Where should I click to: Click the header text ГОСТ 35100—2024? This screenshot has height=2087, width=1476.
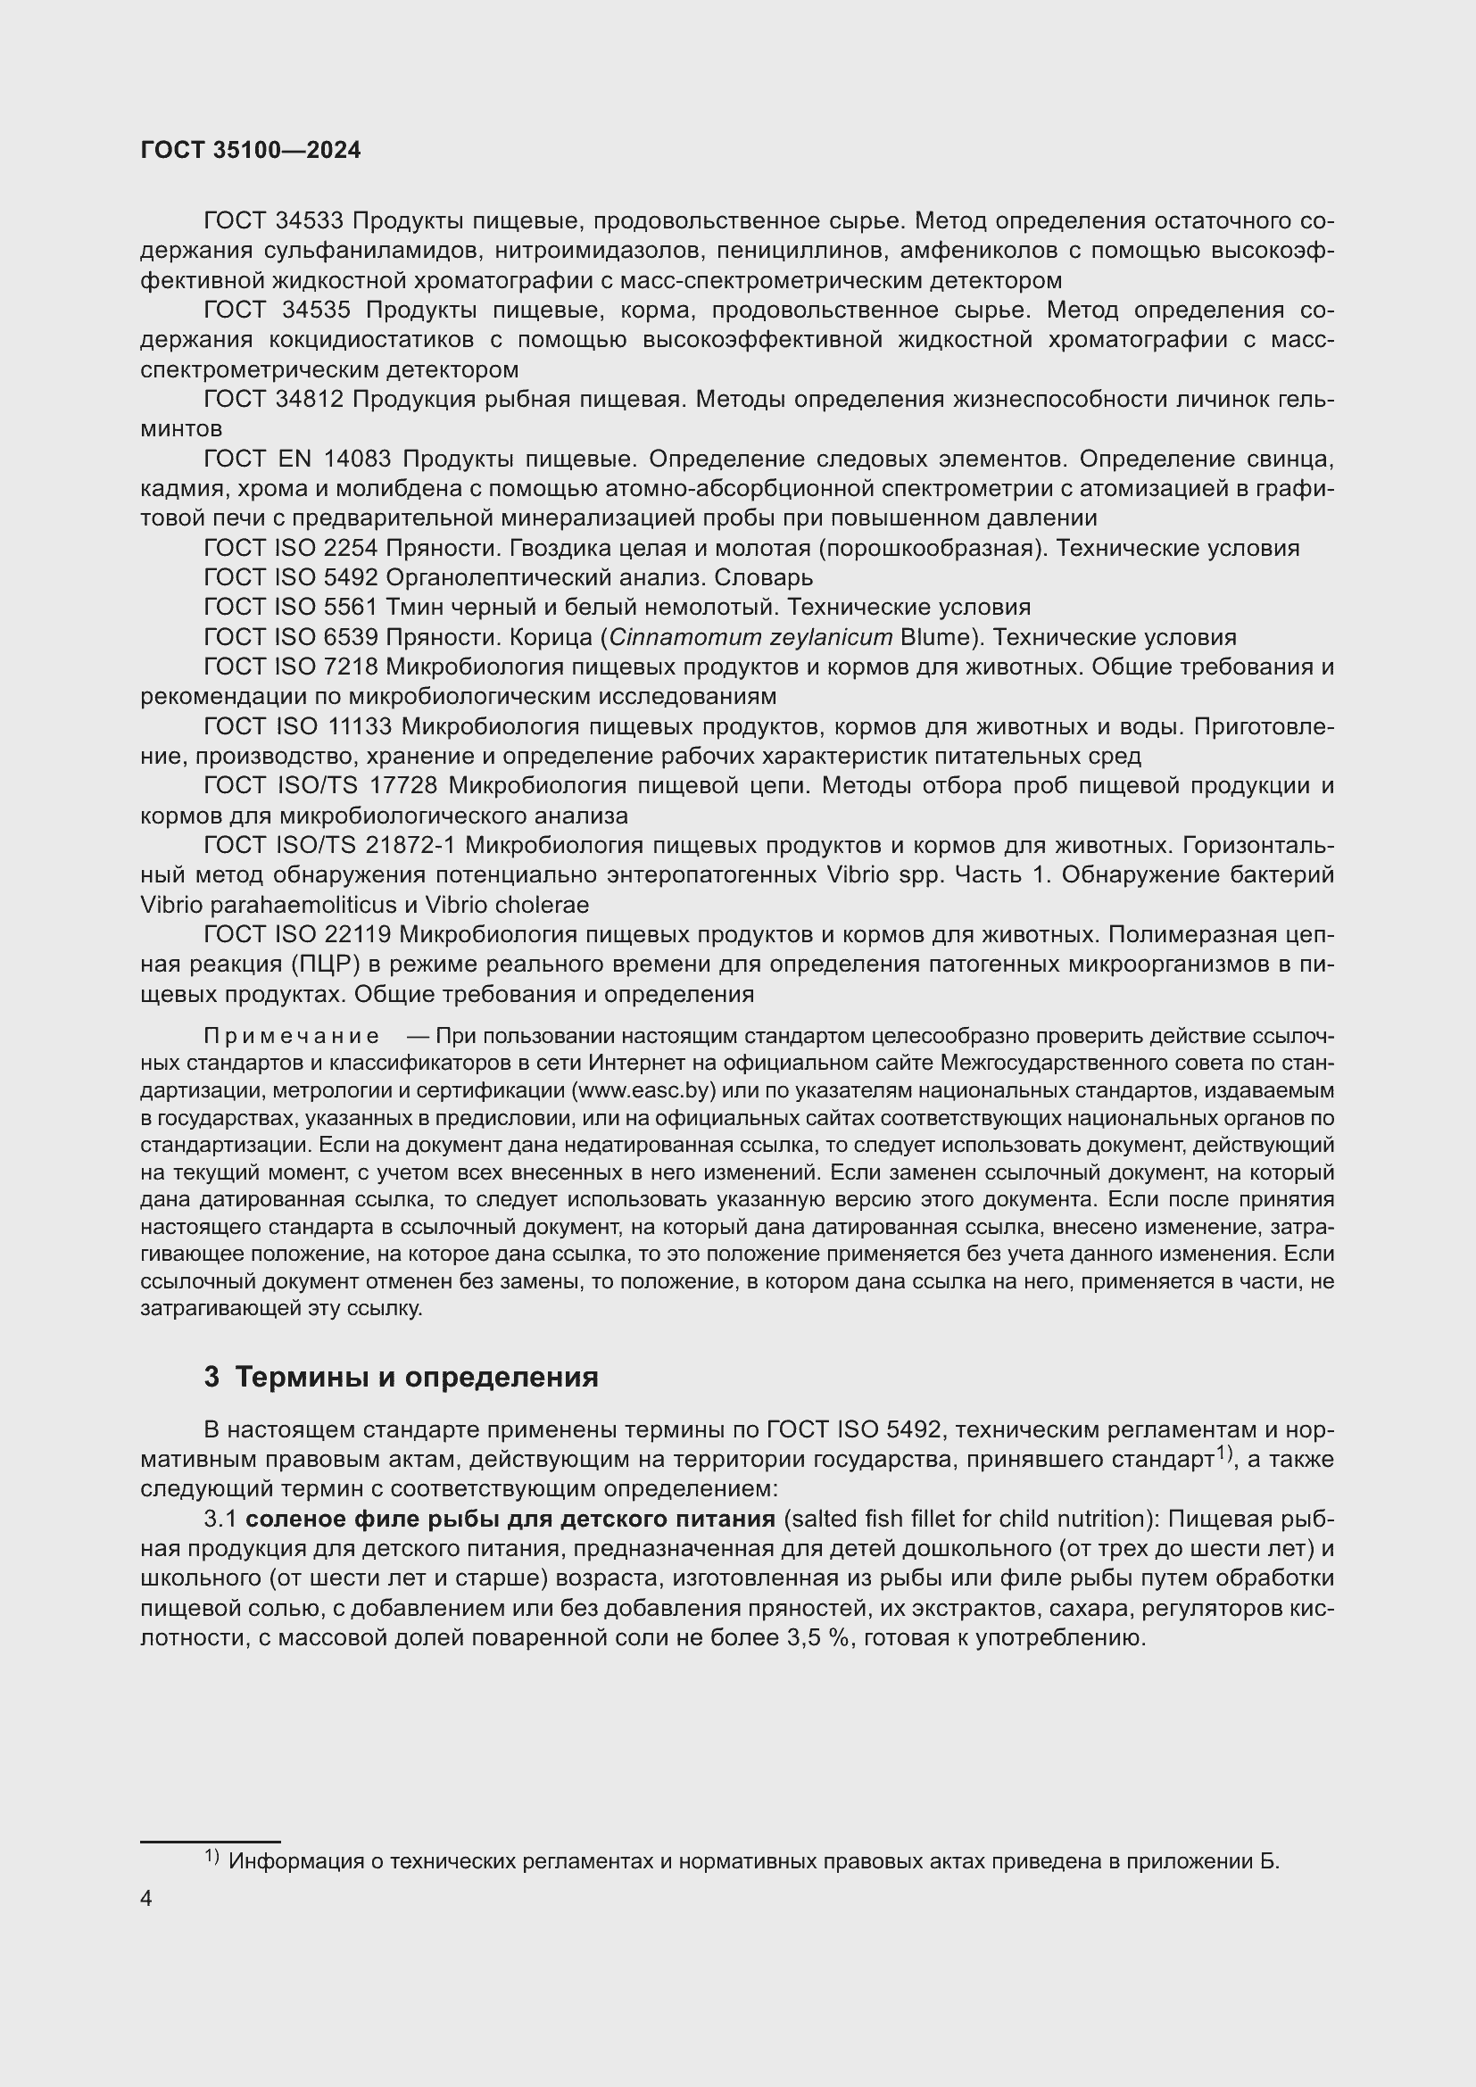point(251,150)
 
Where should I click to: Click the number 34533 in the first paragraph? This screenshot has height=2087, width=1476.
point(309,221)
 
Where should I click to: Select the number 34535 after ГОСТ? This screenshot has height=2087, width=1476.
point(315,310)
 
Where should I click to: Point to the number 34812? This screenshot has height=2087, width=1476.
point(309,399)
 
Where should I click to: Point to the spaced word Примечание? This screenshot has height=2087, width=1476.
point(291,1036)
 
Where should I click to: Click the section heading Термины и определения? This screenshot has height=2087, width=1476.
point(416,1377)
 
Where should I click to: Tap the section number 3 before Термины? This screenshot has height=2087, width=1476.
point(211,1377)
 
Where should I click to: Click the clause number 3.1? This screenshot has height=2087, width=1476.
point(220,1519)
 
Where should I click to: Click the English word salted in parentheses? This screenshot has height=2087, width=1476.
point(817,1519)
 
